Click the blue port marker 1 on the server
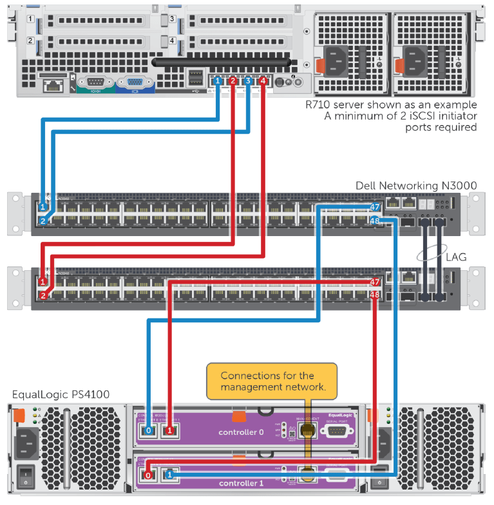(x=218, y=81)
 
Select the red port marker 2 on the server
(x=233, y=81)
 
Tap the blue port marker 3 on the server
(x=248, y=81)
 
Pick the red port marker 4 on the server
(x=263, y=81)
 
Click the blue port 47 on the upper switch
(x=375, y=207)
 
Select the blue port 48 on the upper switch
(x=375, y=221)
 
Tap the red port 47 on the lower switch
(x=375, y=282)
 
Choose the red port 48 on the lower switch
(x=375, y=295)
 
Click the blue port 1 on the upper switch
(x=43, y=207)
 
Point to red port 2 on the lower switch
(x=43, y=295)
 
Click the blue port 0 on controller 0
(x=149, y=430)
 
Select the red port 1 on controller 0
(x=170, y=430)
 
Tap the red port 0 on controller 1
(x=149, y=475)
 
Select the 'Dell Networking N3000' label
(x=416, y=185)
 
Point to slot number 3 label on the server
(x=172, y=19)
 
